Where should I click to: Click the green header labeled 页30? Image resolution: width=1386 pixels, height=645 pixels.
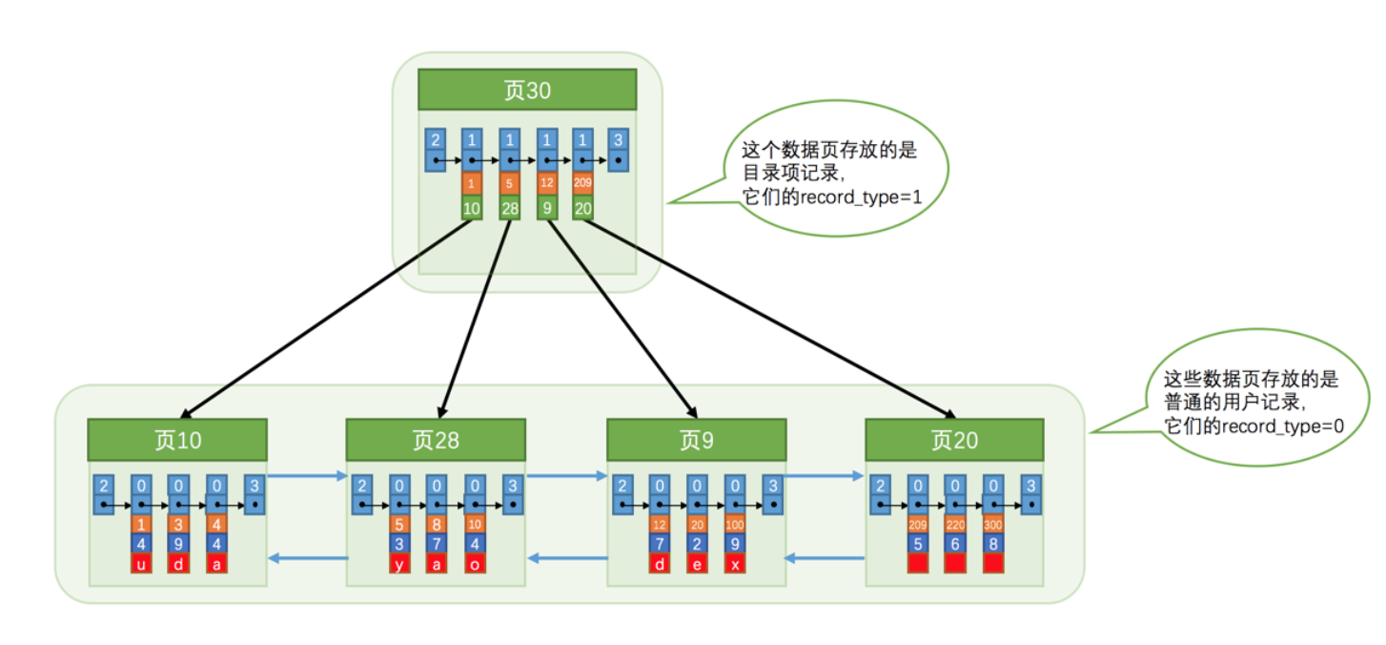coord(527,91)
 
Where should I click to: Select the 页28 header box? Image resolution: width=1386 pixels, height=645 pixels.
coord(436,440)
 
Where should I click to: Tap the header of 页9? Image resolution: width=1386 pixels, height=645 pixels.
coord(697,440)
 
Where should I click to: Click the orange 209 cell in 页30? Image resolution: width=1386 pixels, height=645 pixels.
coord(583,181)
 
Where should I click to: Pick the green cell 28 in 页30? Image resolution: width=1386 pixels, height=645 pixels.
coord(509,208)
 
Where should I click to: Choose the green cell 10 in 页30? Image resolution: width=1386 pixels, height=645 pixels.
coord(472,208)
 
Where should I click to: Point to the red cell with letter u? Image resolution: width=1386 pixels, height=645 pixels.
coord(141,564)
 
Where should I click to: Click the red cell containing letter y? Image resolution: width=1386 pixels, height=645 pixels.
coord(400,564)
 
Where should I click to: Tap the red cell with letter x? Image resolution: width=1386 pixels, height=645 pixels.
coord(735,564)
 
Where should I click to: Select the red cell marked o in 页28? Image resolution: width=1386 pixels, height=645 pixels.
coord(475,564)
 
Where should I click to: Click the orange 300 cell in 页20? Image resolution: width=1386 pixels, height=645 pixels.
coord(993,524)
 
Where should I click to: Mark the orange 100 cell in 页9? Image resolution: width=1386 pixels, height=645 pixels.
coord(735,524)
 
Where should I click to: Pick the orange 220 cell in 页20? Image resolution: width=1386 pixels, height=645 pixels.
coord(956,524)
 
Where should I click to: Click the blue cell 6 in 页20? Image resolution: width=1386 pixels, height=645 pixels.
coord(956,544)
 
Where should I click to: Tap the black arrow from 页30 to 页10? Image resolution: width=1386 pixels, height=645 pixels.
coord(324,320)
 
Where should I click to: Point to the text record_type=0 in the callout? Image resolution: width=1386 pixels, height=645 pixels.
coord(1276,427)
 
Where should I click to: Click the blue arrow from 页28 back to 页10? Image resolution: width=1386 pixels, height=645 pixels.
coord(307,558)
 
